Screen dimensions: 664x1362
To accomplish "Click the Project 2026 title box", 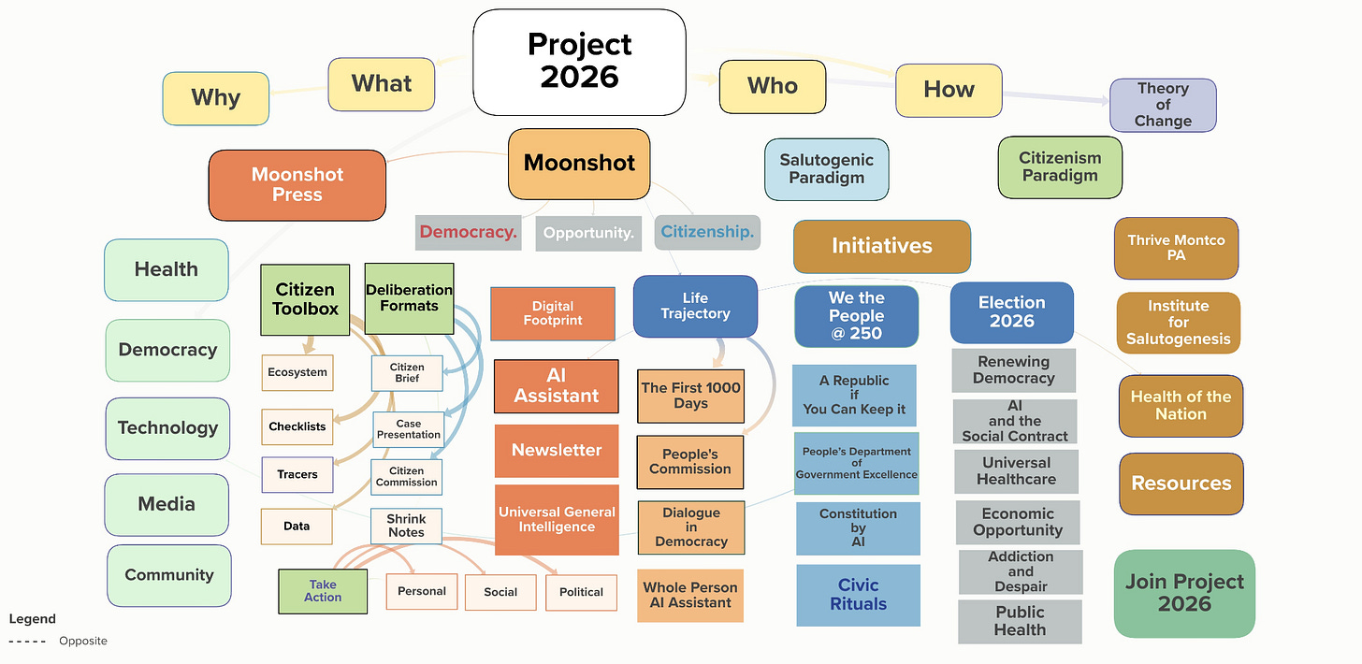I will point(579,62).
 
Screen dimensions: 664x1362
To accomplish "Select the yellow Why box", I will point(215,98).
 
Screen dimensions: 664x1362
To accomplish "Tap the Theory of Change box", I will point(1163,105).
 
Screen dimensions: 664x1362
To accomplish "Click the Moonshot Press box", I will point(297,185).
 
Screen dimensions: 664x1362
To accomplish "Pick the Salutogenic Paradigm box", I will point(826,169).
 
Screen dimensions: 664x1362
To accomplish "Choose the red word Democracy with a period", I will point(468,233).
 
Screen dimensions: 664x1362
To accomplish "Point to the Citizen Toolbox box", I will point(305,299).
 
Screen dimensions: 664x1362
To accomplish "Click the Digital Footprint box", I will point(552,313).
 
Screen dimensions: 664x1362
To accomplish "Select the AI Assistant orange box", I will point(556,386).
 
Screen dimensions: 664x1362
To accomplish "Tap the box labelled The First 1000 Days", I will point(690,396).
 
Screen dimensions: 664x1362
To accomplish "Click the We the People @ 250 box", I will point(856,316).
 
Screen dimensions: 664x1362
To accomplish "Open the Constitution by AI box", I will point(858,527).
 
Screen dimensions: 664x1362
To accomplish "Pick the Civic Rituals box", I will point(858,595).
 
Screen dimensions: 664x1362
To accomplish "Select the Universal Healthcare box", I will point(1017,471).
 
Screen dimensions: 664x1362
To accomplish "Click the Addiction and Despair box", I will point(1021,571).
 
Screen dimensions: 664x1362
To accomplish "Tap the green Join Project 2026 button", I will point(1184,593).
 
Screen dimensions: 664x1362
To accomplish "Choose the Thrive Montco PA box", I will point(1176,248).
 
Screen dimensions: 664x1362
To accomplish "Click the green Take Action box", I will point(323,591).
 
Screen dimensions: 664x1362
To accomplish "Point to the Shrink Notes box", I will point(406,526).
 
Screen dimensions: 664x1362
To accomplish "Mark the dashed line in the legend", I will point(26,642).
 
